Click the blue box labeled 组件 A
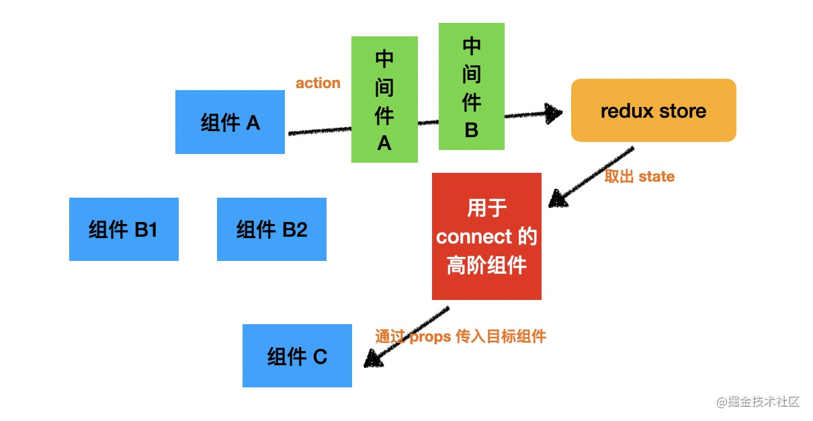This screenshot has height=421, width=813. tap(230, 122)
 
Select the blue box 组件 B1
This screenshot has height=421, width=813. tap(124, 229)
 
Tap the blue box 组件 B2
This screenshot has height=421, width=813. tap(271, 229)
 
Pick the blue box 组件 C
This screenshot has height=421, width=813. tap(297, 356)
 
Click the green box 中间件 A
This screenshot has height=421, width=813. tap(384, 100)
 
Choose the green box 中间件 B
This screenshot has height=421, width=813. tap(471, 86)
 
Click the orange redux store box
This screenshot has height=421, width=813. tap(653, 110)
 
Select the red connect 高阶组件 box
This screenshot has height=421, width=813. tap(486, 237)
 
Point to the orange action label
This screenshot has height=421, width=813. tap(318, 83)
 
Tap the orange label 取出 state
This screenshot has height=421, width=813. tap(639, 176)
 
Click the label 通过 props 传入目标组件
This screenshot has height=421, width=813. tap(461, 336)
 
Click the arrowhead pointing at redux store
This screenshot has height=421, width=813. tap(554, 113)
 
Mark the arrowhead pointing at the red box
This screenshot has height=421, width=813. tap(557, 198)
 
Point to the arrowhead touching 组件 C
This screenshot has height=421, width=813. tap(372, 360)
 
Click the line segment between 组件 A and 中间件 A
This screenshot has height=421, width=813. tap(319, 129)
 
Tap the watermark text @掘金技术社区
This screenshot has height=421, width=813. tap(757, 401)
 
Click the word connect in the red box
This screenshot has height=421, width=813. tap(474, 237)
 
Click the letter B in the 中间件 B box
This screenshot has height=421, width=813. tap(471, 130)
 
